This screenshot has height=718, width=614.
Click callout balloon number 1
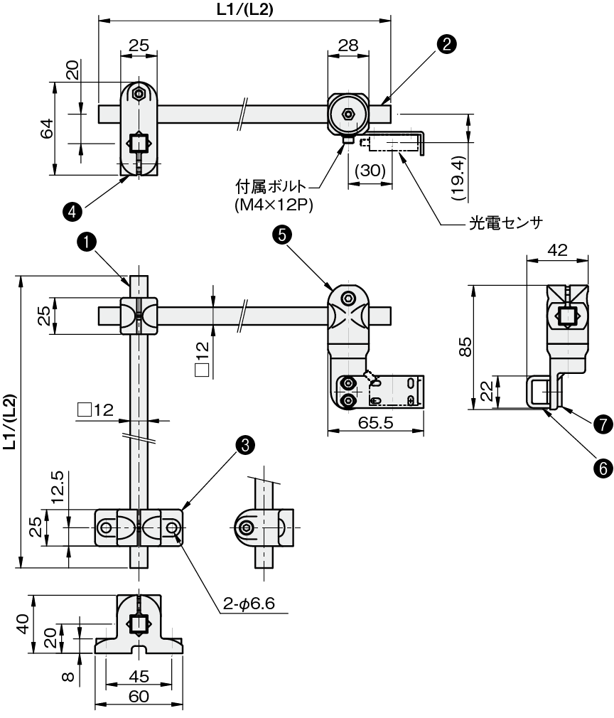87,242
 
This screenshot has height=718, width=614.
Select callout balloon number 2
446,44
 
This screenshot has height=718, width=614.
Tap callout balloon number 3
245,444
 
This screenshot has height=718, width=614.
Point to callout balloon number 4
72,212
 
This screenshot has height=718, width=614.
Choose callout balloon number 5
281,235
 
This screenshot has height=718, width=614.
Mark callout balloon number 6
603,468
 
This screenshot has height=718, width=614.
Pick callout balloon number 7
603,424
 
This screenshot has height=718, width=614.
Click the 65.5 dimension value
375,423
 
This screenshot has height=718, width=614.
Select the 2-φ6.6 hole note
249,604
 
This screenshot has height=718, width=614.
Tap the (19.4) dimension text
458,178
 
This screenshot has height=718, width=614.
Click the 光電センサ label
505,223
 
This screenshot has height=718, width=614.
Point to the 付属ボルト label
271,187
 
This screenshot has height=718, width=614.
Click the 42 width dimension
557,250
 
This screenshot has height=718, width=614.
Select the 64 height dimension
47,128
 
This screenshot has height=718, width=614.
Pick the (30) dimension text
370,171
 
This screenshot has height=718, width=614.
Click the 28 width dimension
348,45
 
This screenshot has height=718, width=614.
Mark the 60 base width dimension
139,697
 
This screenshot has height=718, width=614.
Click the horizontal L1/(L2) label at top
245,10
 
